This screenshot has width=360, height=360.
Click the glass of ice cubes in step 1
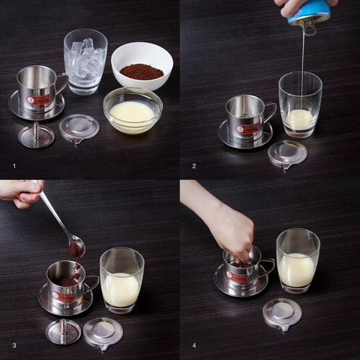(x=85, y=61)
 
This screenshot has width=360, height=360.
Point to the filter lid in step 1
(x=79, y=127)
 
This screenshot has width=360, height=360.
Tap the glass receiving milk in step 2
(x=300, y=105)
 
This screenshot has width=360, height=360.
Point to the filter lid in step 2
(x=287, y=153)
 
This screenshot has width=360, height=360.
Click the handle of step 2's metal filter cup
(x=267, y=113)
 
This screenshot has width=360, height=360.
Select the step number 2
(x=193, y=165)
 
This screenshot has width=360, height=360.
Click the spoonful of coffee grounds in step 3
(x=76, y=247)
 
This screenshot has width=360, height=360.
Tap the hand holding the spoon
(x=20, y=192)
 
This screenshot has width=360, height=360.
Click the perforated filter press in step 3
(x=64, y=331)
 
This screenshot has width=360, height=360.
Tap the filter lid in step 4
(x=282, y=313)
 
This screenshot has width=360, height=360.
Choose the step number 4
(x=193, y=345)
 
